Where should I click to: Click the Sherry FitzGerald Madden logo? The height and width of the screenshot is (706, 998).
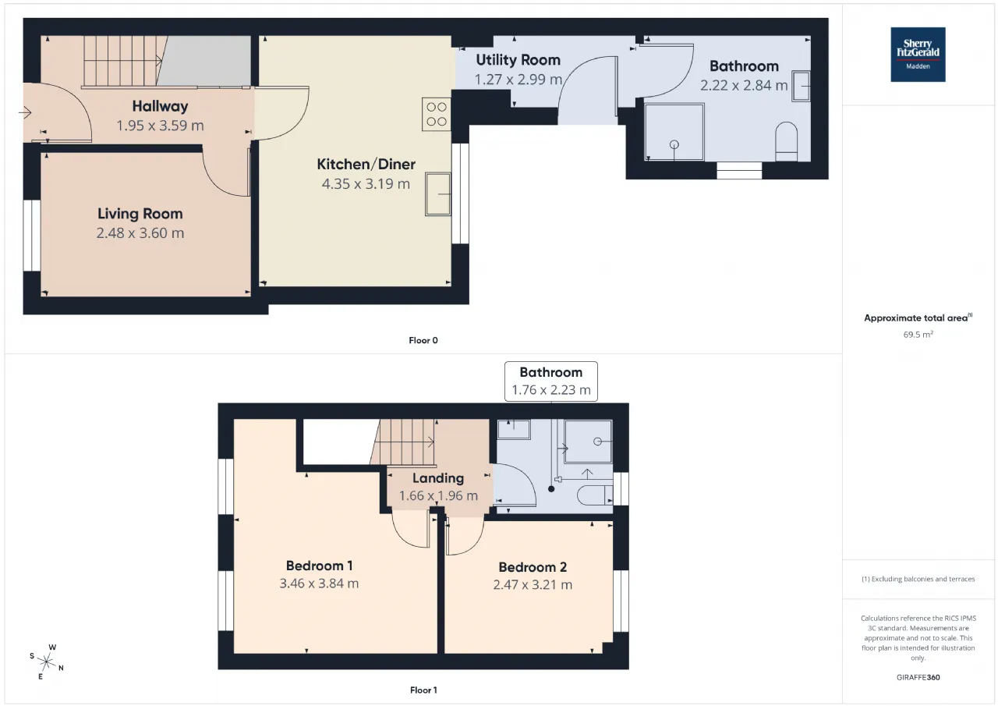coord(918,55)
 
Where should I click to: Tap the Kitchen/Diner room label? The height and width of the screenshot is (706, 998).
coord(366,164)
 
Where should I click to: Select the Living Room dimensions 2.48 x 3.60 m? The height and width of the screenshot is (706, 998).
coord(140,232)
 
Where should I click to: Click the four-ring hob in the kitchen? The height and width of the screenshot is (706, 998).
coord(436,114)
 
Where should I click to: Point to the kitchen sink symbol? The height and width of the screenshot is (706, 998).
coord(438,194)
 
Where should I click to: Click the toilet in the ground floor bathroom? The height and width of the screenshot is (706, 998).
coord(787,142)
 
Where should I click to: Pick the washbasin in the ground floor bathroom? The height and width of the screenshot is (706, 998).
coord(801,86)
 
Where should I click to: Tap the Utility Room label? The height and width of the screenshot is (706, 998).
coord(518,60)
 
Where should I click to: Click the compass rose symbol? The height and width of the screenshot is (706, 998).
coord(47,662)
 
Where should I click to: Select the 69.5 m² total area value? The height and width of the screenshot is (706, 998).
coord(918,335)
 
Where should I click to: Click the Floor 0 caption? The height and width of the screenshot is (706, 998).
coord(423,340)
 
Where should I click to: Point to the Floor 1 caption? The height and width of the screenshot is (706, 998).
coord(423,690)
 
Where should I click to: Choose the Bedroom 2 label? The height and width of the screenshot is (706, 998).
coord(533,567)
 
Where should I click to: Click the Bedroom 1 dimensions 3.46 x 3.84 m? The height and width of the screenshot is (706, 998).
coord(319,583)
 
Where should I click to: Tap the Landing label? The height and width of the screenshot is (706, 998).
coord(438,477)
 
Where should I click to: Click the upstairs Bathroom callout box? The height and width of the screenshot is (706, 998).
coord(551,381)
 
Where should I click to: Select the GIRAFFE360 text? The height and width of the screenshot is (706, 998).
coord(918,677)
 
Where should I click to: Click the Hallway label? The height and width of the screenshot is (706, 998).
coord(160,106)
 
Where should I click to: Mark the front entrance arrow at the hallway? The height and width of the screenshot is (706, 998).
coord(25,112)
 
